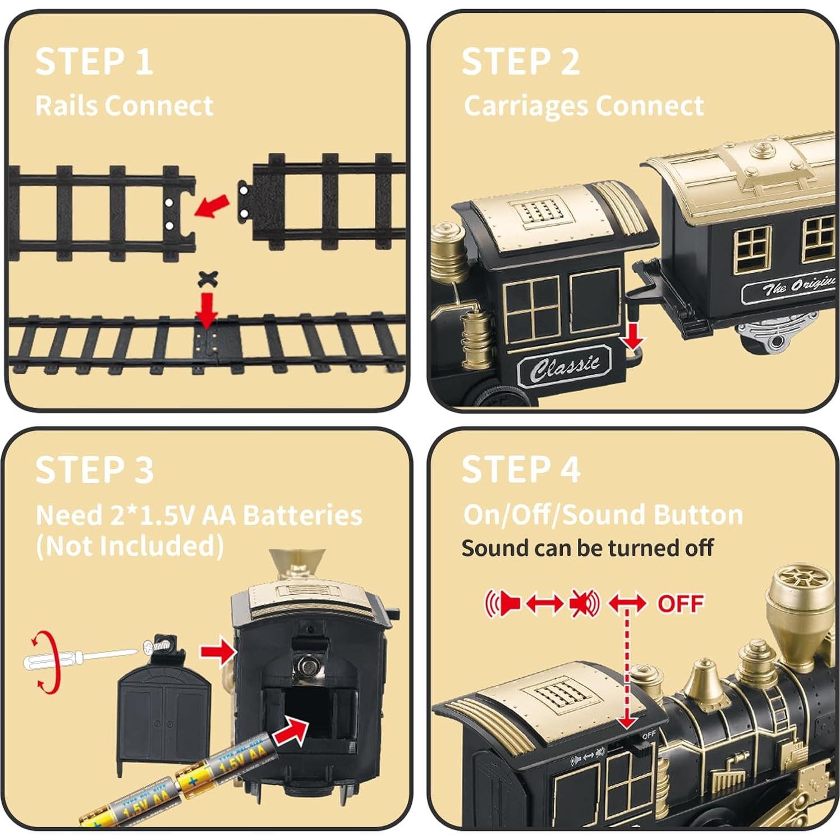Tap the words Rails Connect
124,105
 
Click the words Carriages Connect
584,105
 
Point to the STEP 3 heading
94,470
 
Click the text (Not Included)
130,546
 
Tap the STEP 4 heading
521,470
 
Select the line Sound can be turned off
587,548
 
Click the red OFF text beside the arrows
680,604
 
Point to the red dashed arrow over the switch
627,668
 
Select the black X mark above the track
208,279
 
